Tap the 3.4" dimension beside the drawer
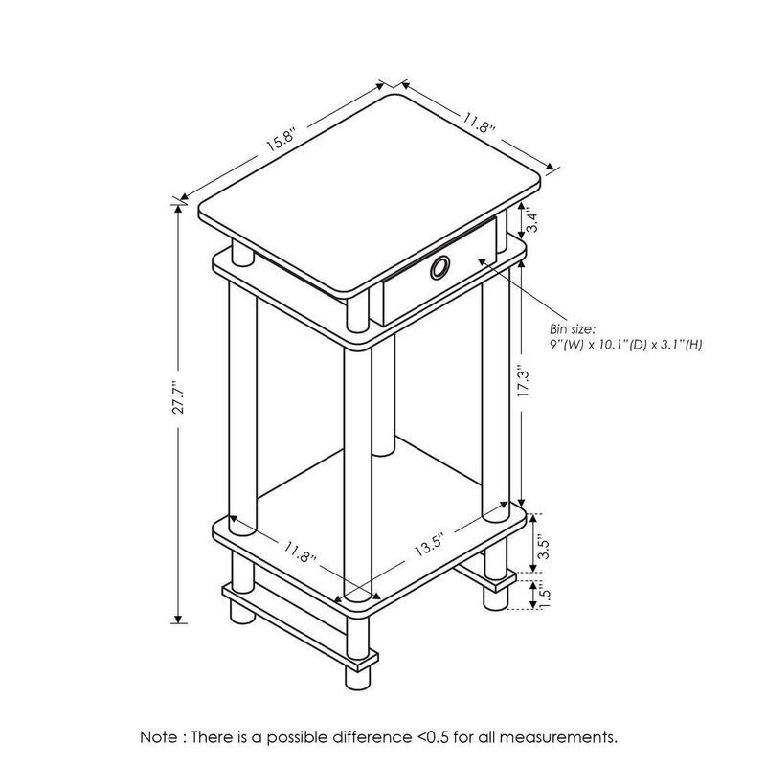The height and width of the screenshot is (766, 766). pos(539,223)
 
